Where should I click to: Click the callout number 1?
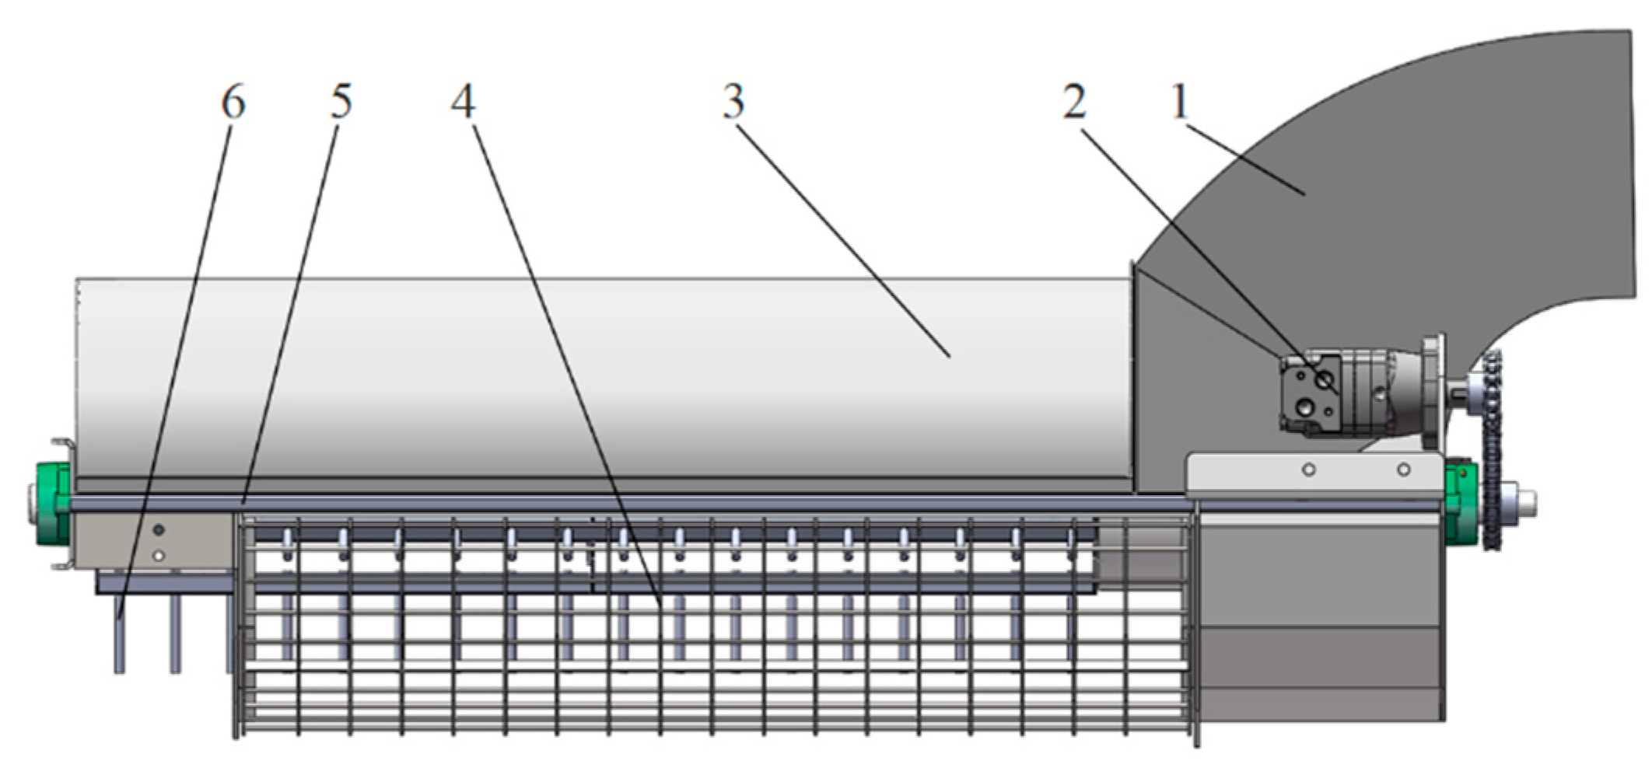pos(1180,102)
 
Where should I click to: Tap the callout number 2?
pos(1075,102)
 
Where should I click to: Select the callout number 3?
pos(733,102)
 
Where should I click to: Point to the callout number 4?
pos(464,102)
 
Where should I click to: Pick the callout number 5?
pos(341,102)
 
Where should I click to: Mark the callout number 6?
pos(233,102)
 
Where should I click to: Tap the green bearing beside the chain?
pos(1460,503)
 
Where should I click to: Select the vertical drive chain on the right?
pos(1492,451)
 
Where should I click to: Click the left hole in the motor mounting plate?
pos(1309,470)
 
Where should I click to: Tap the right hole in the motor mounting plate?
pos(1404,470)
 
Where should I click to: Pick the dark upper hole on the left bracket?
pos(159,530)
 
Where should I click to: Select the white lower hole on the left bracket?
pos(159,556)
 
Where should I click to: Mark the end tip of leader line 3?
pos(950,356)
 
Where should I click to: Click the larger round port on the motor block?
pos(1323,380)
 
